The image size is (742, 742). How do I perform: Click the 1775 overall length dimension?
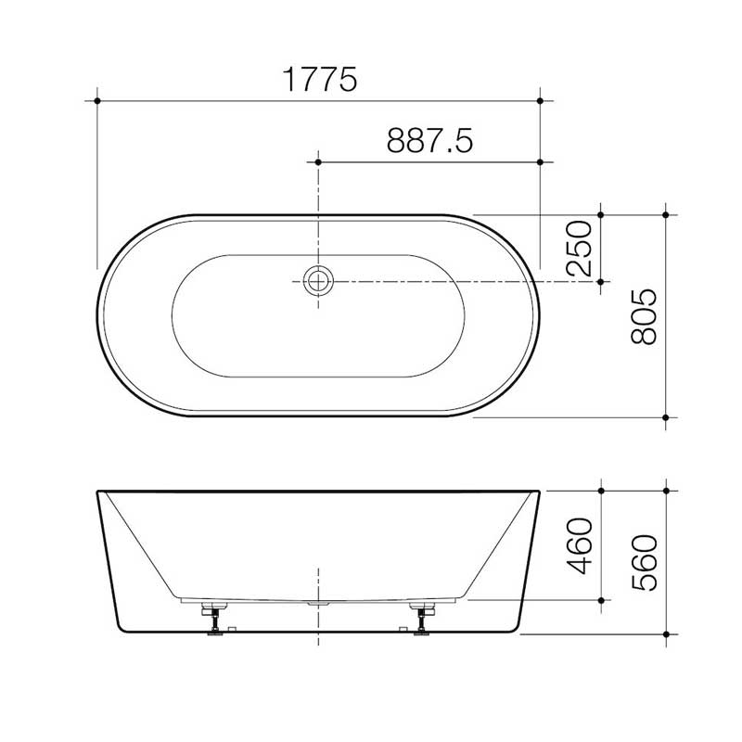318,80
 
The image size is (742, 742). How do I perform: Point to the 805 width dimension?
643,316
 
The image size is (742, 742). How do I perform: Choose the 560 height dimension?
643,564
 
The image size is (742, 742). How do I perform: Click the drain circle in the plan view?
318,280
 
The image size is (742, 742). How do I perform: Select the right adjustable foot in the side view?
425,617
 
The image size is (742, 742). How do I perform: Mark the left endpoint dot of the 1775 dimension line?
96,96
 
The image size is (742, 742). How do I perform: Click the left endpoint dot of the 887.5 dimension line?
318,161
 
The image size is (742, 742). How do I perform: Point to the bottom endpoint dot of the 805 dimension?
666,417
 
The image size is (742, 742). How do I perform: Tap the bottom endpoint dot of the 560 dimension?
666,635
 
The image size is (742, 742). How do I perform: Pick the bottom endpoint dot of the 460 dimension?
602,601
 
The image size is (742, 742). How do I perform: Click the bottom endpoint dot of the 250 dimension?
602,280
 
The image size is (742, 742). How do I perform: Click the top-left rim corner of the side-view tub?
97,491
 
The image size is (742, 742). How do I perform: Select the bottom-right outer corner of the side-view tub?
518,635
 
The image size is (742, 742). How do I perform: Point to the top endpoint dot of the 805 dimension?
666,214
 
